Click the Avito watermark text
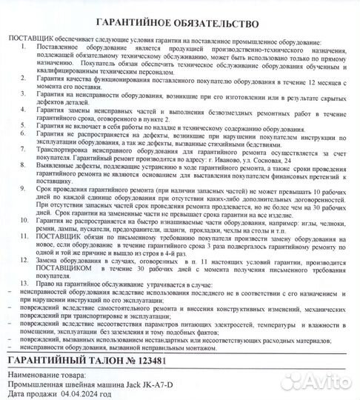(322, 381)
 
